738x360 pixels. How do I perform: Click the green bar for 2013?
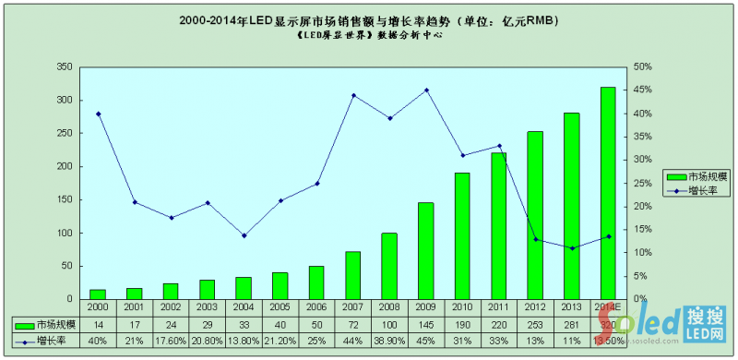[x=571, y=206]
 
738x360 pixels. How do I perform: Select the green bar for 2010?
[x=462, y=236]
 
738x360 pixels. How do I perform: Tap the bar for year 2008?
[x=389, y=266]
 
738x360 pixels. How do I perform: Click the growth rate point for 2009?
[x=425, y=90]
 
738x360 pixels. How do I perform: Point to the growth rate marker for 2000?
[x=98, y=114]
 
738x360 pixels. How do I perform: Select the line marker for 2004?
[x=244, y=235]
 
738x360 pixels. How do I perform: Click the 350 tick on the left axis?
[x=64, y=67]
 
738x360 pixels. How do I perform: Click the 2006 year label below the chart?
[x=315, y=306]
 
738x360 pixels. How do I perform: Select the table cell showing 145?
[x=425, y=325]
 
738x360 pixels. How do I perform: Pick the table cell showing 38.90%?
[x=389, y=341]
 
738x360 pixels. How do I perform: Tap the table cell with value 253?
[x=535, y=325]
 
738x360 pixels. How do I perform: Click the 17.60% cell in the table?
[x=171, y=341]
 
